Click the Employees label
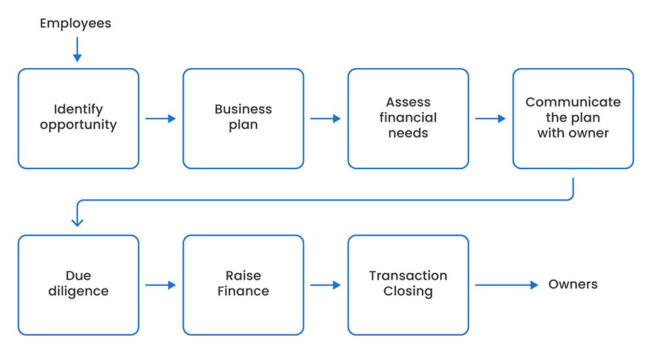pos(75,24)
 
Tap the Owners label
pos(573,285)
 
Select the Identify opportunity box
pos(78,118)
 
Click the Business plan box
pos(243,118)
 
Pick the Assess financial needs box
pos(408,118)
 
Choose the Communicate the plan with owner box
pos(573,118)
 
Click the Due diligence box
pos(78,285)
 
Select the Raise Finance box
pos(243,285)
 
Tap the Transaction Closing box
pos(408,285)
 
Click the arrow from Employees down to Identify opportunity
pos(77,50)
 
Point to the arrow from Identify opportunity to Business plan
pos(161,119)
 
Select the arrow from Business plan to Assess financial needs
pos(325,119)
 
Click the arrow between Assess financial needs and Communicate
pos(490,119)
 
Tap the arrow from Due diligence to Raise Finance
pos(161,285)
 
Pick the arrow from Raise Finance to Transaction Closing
pos(325,285)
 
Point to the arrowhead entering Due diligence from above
pos(77,222)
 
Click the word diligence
pos(78,292)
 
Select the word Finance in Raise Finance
pos(243,292)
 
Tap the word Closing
pos(408,292)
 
